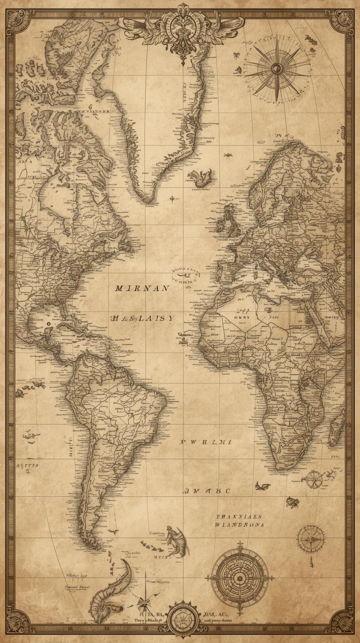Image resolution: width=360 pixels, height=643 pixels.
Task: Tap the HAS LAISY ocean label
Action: (x=142, y=318)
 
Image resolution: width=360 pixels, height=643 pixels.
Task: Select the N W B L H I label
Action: (x=205, y=442)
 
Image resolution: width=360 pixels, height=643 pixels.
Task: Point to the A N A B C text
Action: (x=207, y=491)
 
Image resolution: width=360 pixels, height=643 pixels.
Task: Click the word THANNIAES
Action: (x=239, y=517)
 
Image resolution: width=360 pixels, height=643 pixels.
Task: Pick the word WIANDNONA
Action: (x=239, y=524)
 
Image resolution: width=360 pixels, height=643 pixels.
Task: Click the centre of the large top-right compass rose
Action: (x=276, y=69)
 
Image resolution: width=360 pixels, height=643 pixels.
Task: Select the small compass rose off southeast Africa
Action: (x=313, y=479)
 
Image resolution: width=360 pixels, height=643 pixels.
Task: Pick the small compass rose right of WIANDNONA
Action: (x=311, y=539)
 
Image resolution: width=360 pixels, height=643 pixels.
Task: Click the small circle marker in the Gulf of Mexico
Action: (x=48, y=323)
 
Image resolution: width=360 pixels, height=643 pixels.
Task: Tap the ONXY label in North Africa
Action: (x=241, y=317)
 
